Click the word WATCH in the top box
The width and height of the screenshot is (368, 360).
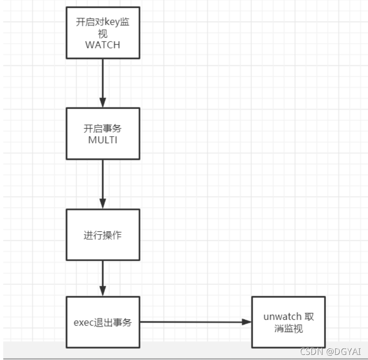[103, 45]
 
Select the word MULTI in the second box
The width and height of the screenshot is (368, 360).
[103, 140]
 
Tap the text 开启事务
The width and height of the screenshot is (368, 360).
[103, 129]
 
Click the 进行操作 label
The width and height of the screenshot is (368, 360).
[103, 235]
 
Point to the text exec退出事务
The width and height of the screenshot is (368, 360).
[103, 322]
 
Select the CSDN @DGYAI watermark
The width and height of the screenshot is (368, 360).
[331, 351]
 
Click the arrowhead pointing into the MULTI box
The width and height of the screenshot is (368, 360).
[103, 102]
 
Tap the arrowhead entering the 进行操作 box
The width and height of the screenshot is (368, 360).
[103, 203]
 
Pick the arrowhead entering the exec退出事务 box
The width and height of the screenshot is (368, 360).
[103, 290]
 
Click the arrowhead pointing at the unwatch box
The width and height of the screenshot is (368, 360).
[246, 322]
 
